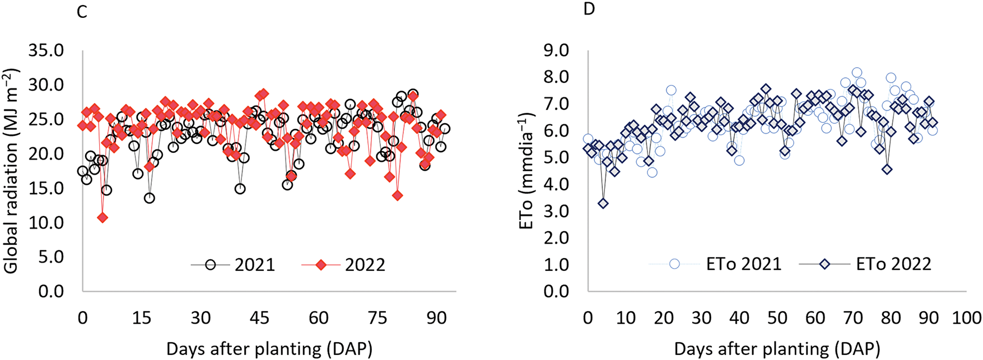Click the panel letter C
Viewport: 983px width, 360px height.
pos(82,12)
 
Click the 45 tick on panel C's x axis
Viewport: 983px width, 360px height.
pos(259,318)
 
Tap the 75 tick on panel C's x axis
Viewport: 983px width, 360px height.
pos(378,318)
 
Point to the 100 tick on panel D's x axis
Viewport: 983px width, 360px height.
pos(967,318)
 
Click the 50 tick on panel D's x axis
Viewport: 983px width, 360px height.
pos(777,318)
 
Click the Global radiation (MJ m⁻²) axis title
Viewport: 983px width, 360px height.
pos(11,171)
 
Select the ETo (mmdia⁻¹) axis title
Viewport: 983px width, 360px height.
pos(528,171)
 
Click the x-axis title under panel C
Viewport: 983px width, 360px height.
pos(269,349)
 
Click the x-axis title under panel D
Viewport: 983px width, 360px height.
pos(777,349)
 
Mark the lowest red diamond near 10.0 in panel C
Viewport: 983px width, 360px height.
pos(102,217)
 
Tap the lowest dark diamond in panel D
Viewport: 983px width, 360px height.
pos(603,203)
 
